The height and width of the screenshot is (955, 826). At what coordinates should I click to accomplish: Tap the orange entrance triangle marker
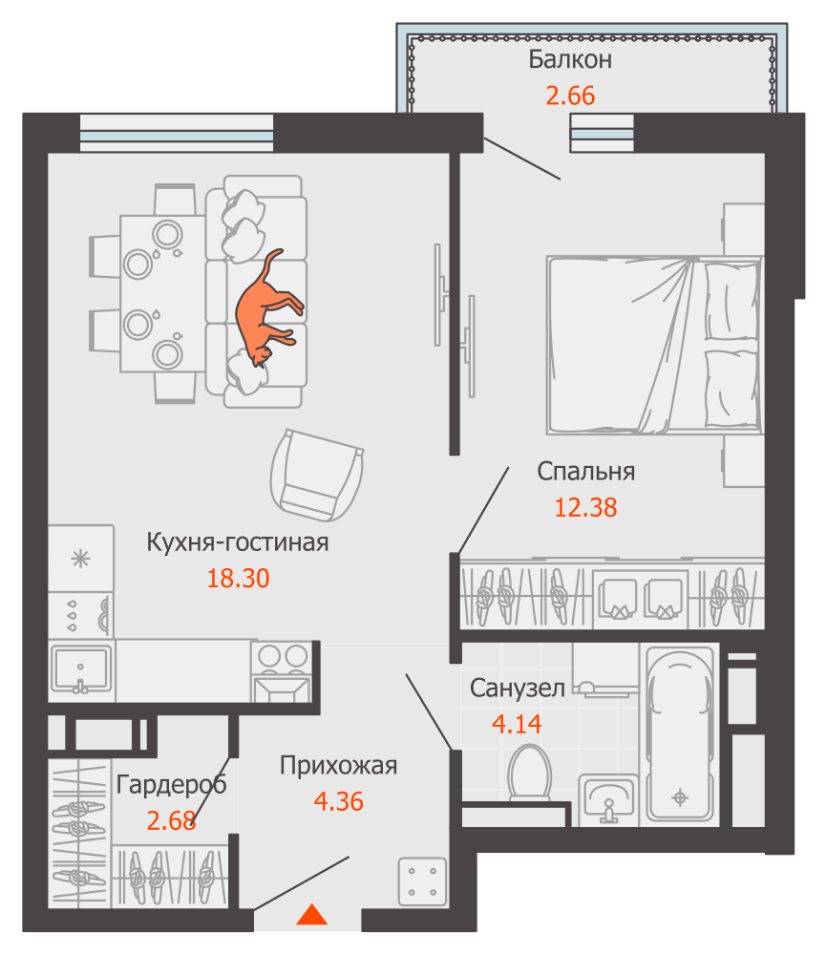312,914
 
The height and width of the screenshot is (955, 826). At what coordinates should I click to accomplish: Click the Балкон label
570,59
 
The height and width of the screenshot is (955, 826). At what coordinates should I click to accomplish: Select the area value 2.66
570,95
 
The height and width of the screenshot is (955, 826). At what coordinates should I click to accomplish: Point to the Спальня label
586,472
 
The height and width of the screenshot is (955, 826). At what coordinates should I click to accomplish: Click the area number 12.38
586,507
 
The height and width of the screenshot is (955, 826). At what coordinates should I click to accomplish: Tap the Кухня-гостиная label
238,542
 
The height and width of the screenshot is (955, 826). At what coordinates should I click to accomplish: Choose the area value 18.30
238,578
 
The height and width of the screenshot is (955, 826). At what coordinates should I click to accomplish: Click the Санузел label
518,689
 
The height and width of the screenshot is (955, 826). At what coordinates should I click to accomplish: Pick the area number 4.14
517,724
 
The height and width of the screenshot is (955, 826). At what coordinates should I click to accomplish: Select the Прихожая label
339,766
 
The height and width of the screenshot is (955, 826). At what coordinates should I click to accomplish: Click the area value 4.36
339,801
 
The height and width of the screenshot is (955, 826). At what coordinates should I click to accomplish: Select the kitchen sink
81,669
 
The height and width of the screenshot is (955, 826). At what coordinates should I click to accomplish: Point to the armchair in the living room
317,475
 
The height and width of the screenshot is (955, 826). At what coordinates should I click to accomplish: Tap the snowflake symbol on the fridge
80,558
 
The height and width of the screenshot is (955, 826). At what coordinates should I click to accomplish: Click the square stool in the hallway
422,881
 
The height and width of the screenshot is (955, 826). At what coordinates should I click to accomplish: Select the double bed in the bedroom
655,345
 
